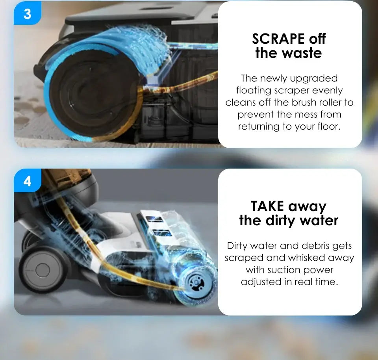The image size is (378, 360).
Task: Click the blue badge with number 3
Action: click(x=27, y=13)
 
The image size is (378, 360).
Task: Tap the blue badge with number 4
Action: click(x=27, y=181)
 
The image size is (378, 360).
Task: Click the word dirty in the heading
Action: click(x=280, y=221)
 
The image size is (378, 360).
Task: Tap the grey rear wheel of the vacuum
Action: click(x=42, y=269)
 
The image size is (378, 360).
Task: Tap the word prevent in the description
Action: click(x=256, y=115)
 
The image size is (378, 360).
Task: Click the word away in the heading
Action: click(x=307, y=207)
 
